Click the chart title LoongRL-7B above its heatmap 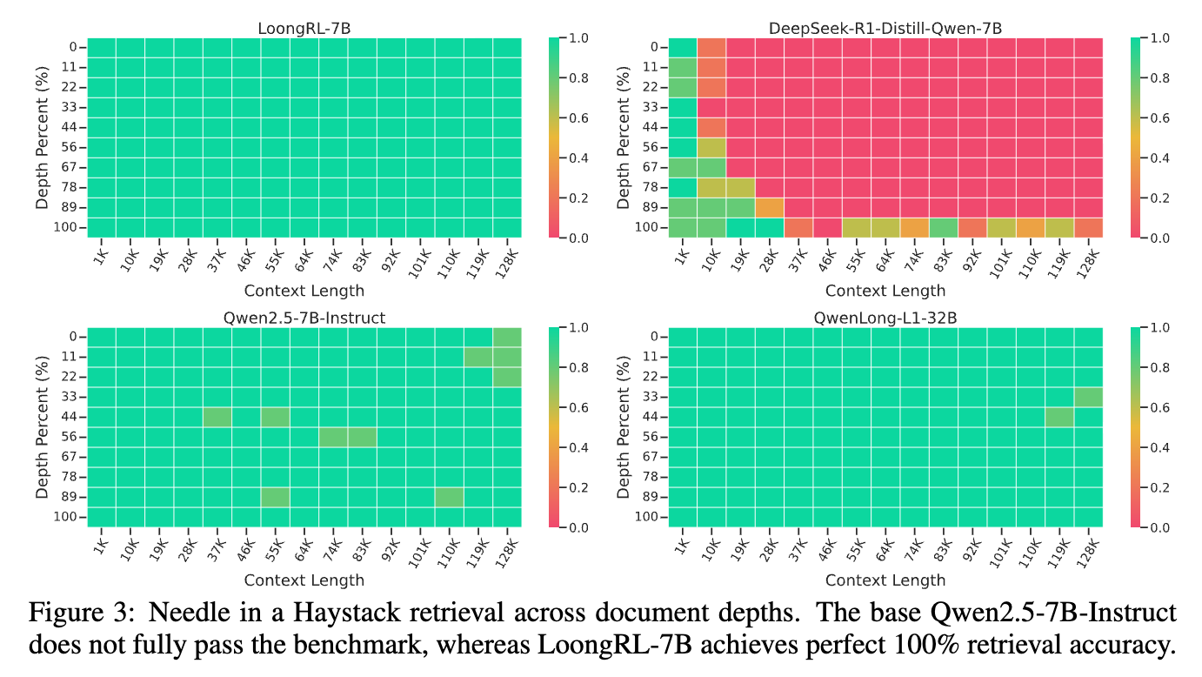click(x=304, y=29)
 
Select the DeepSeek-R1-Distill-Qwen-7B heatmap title click(x=885, y=29)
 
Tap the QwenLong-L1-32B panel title click(x=885, y=318)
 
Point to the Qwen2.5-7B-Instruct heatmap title click(x=304, y=318)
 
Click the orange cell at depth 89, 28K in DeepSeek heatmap click(x=770, y=207)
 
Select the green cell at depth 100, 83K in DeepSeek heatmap click(x=944, y=227)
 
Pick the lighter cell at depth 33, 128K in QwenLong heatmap click(x=1088, y=397)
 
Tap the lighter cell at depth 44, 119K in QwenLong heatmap click(x=1059, y=417)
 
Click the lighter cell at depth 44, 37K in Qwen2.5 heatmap click(x=217, y=417)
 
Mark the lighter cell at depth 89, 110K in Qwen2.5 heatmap click(x=450, y=497)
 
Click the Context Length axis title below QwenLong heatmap click(x=885, y=580)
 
